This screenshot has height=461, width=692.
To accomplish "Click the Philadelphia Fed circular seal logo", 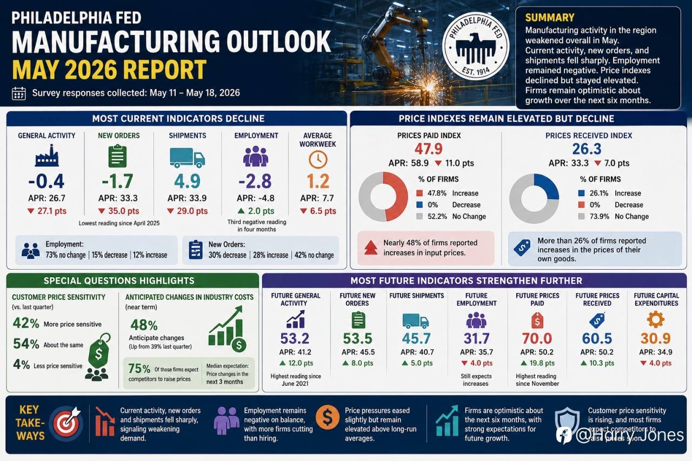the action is (x=476, y=46).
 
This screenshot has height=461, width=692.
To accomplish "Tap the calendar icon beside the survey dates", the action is (x=18, y=93).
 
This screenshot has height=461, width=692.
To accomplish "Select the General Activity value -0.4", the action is (x=46, y=181).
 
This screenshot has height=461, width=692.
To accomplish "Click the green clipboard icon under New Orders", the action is (x=118, y=156).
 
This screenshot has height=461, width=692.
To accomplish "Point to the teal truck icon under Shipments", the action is (x=187, y=158).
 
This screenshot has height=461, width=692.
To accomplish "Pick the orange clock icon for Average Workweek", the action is (x=318, y=159).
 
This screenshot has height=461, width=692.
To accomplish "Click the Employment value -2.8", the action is (x=255, y=181).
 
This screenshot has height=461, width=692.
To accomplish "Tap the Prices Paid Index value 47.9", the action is (x=429, y=149).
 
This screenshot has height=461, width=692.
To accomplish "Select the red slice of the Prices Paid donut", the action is (x=397, y=196).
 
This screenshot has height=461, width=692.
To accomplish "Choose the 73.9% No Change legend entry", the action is (x=613, y=217).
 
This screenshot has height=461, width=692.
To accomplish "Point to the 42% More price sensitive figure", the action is (x=57, y=324).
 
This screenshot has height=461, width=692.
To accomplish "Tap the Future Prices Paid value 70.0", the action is (x=537, y=338).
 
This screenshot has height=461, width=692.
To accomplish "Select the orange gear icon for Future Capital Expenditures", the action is (x=656, y=319).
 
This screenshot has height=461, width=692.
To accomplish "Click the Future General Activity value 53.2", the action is (x=295, y=338).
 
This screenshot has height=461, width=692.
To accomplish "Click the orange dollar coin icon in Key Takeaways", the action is (x=328, y=417).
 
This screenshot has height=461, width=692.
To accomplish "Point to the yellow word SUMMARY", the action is (x=550, y=18).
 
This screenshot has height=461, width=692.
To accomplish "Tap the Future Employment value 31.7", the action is (x=476, y=338).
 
